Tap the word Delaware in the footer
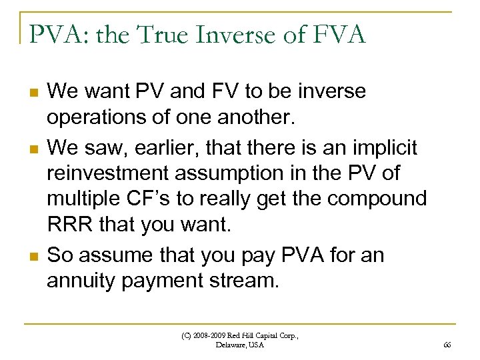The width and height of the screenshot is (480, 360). pos(231,345)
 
